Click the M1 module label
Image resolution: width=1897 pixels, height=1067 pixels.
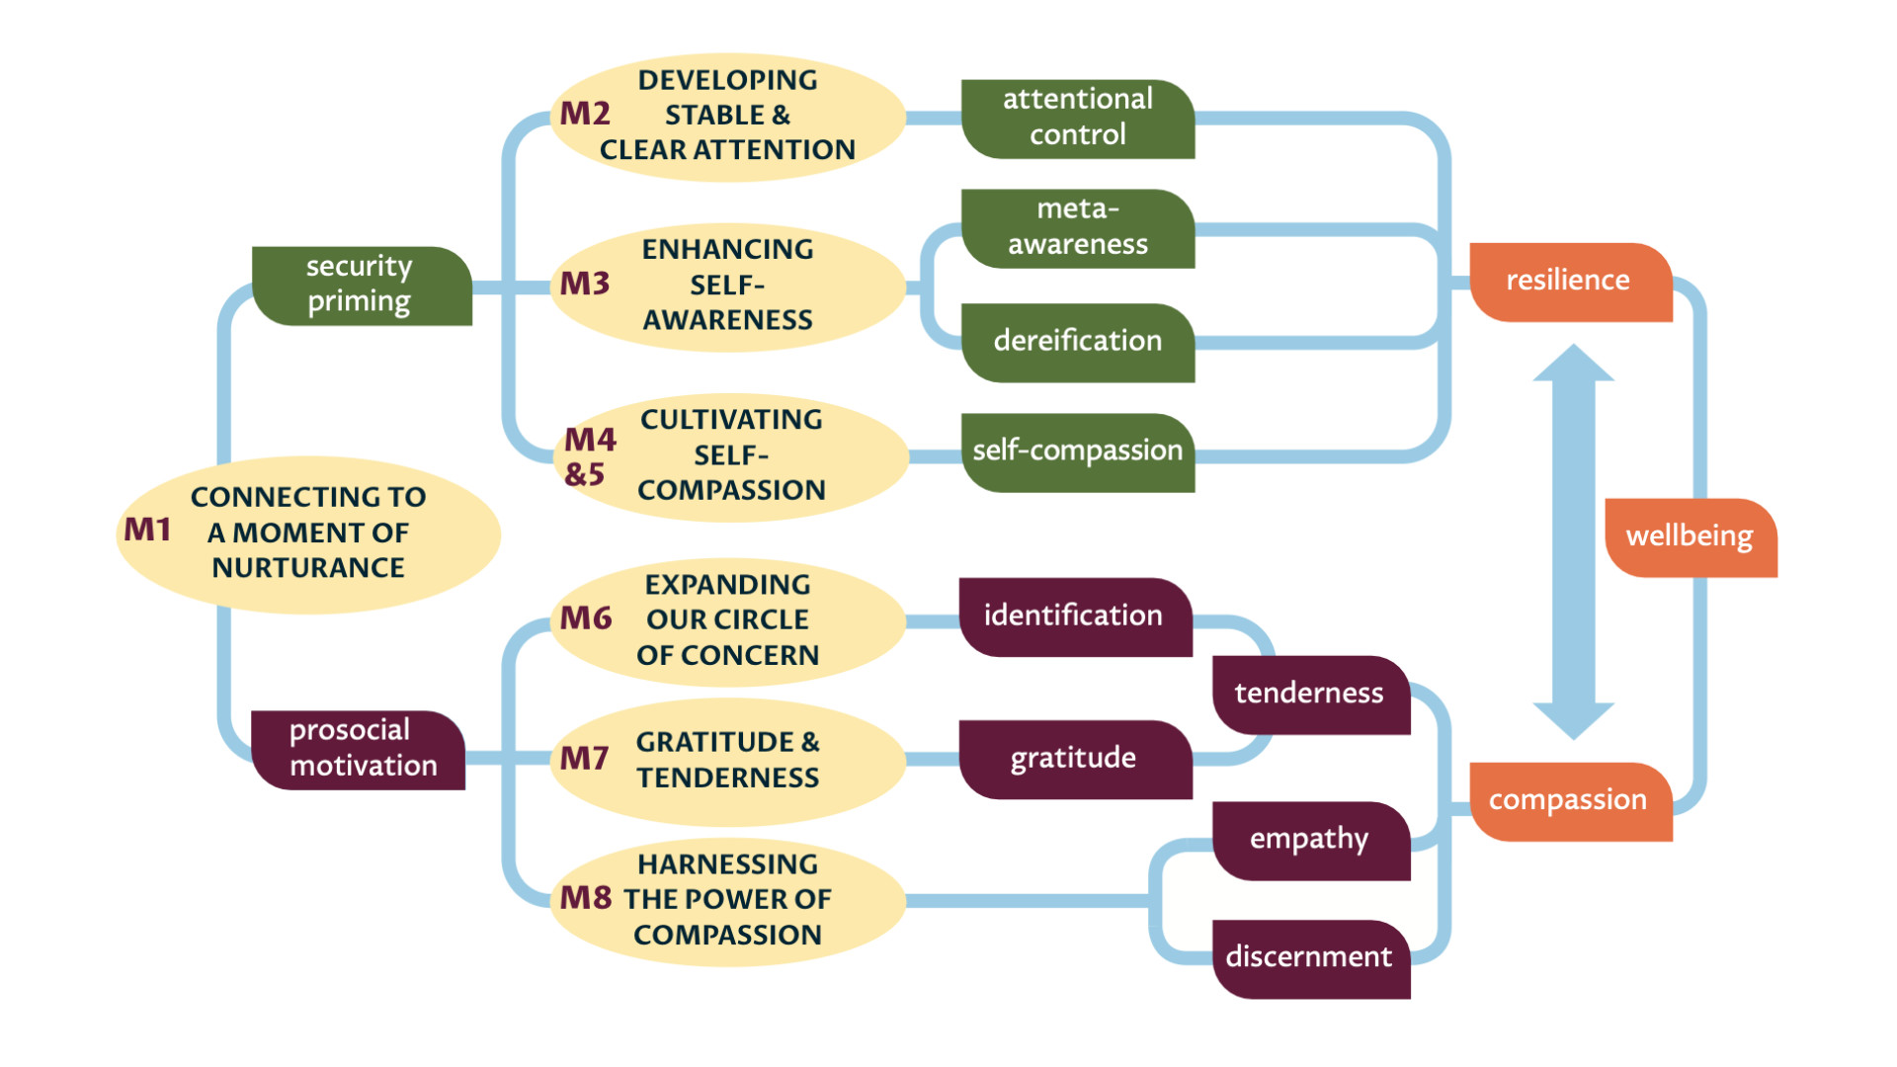tap(147, 531)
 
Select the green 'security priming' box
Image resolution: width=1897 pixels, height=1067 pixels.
tap(361, 285)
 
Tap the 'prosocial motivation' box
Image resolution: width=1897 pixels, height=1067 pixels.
tap(359, 749)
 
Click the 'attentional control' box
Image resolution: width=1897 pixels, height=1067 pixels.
tap(1078, 119)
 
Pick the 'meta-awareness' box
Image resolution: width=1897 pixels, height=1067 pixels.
tap(1078, 228)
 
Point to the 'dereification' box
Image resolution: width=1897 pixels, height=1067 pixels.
tap(1078, 342)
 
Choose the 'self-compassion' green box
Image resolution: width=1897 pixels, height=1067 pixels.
tap(1078, 451)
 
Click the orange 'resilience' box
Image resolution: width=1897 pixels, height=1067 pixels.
tap(1569, 282)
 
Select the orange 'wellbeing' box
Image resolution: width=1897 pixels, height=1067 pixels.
tap(1691, 536)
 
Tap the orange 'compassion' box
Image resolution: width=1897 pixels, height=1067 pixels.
tap(1569, 800)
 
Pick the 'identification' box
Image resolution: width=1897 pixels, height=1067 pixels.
tap(1075, 616)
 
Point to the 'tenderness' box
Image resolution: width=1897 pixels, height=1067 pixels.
tap(1310, 694)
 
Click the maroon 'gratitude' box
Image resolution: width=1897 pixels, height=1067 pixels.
tap(1075, 759)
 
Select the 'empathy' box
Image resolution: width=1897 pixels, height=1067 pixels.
tap(1310, 840)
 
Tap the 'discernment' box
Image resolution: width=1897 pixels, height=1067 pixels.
tap(1310, 957)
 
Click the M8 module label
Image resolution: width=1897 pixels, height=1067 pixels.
tap(586, 898)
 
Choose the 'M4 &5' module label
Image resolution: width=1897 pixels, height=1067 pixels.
tap(590, 456)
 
